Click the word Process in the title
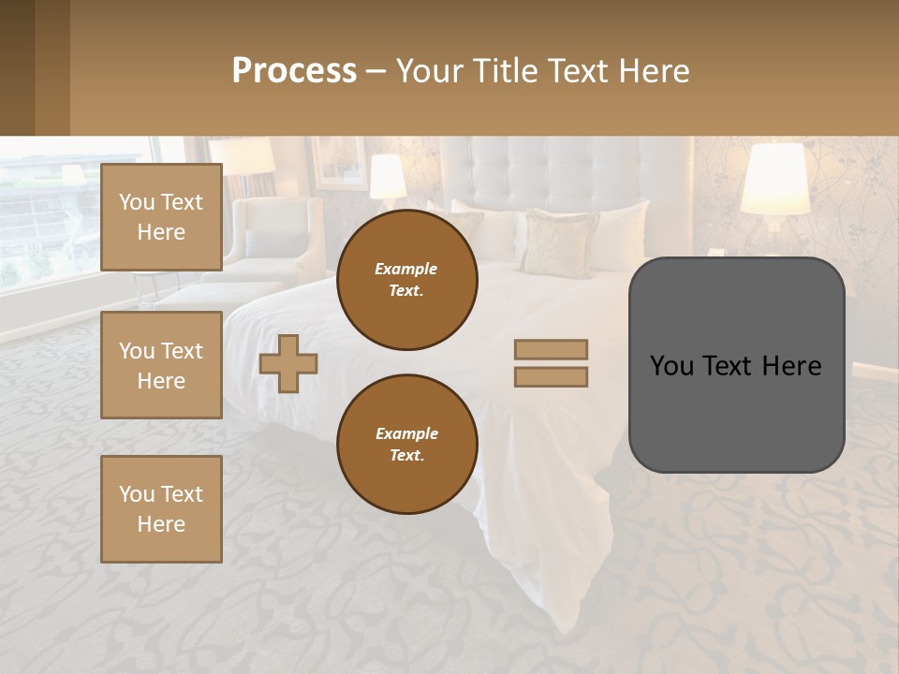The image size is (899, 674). pos(294,71)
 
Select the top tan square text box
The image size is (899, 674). pos(161,217)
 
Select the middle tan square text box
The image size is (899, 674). pos(161,365)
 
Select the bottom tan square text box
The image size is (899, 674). pos(161,509)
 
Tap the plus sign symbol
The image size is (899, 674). pos(288,363)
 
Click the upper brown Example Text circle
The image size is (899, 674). pos(406,280)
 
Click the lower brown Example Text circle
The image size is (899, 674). pos(406,445)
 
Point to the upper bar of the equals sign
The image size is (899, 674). pos(551,349)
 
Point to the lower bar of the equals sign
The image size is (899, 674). pos(551,377)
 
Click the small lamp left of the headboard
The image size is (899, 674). pos(388,177)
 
